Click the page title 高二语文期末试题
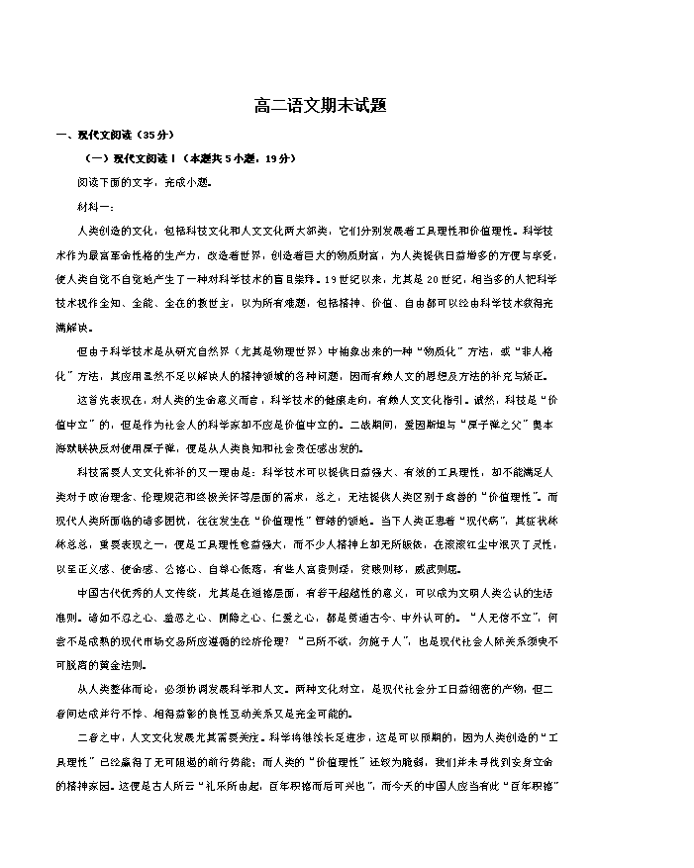[347, 104]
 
